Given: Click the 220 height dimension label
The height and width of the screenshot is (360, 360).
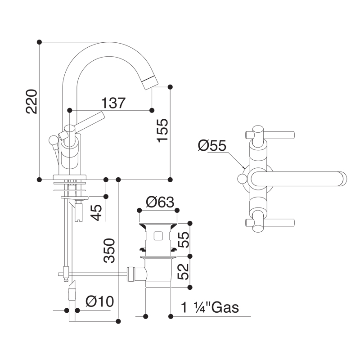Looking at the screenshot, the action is pyautogui.click(x=31, y=102).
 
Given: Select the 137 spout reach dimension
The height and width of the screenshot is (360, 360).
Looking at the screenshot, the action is pyautogui.click(x=113, y=103).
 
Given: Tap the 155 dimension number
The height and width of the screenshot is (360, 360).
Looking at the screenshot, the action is pyautogui.click(x=162, y=130).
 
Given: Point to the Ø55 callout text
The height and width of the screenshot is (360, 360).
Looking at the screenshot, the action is pyautogui.click(x=212, y=145).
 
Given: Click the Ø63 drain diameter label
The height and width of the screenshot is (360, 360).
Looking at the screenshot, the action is pyautogui.click(x=160, y=202).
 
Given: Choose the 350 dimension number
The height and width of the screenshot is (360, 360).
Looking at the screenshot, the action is pyautogui.click(x=109, y=251).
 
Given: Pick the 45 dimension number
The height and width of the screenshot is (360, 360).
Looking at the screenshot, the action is pyautogui.click(x=96, y=212).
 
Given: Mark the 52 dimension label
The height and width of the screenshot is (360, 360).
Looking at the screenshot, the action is pyautogui.click(x=184, y=271).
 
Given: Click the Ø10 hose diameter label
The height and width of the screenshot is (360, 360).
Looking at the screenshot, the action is pyautogui.click(x=99, y=301).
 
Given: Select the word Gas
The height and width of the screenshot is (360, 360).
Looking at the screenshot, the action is pyautogui.click(x=225, y=307).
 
